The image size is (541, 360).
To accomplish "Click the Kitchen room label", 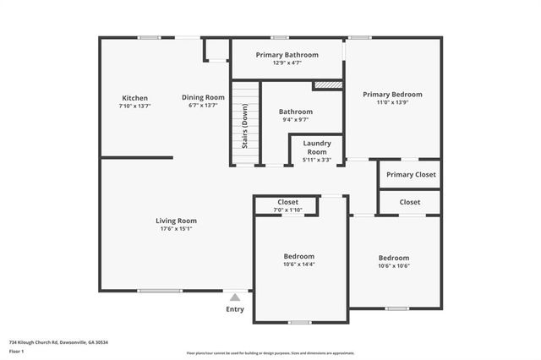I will (x=135, y=97).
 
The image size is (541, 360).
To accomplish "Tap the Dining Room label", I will (x=204, y=97).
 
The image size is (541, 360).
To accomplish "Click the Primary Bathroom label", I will (x=287, y=55).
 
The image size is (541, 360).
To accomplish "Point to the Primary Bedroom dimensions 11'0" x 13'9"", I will (x=392, y=102).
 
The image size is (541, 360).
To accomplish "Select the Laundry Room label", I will (x=317, y=147).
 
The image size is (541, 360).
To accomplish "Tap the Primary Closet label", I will (x=411, y=175).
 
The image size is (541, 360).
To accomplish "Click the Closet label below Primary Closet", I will (x=410, y=202).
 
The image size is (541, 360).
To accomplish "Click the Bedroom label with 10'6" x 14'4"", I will (x=298, y=256).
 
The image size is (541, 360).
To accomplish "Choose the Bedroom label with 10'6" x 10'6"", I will (x=393, y=258).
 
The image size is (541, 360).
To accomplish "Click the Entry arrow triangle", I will (x=235, y=297).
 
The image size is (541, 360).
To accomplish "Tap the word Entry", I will (x=235, y=309).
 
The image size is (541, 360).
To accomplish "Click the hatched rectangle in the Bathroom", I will (x=326, y=85).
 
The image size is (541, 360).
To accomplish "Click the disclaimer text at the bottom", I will (x=270, y=352).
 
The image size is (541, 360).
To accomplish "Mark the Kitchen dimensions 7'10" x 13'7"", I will (x=135, y=106).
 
